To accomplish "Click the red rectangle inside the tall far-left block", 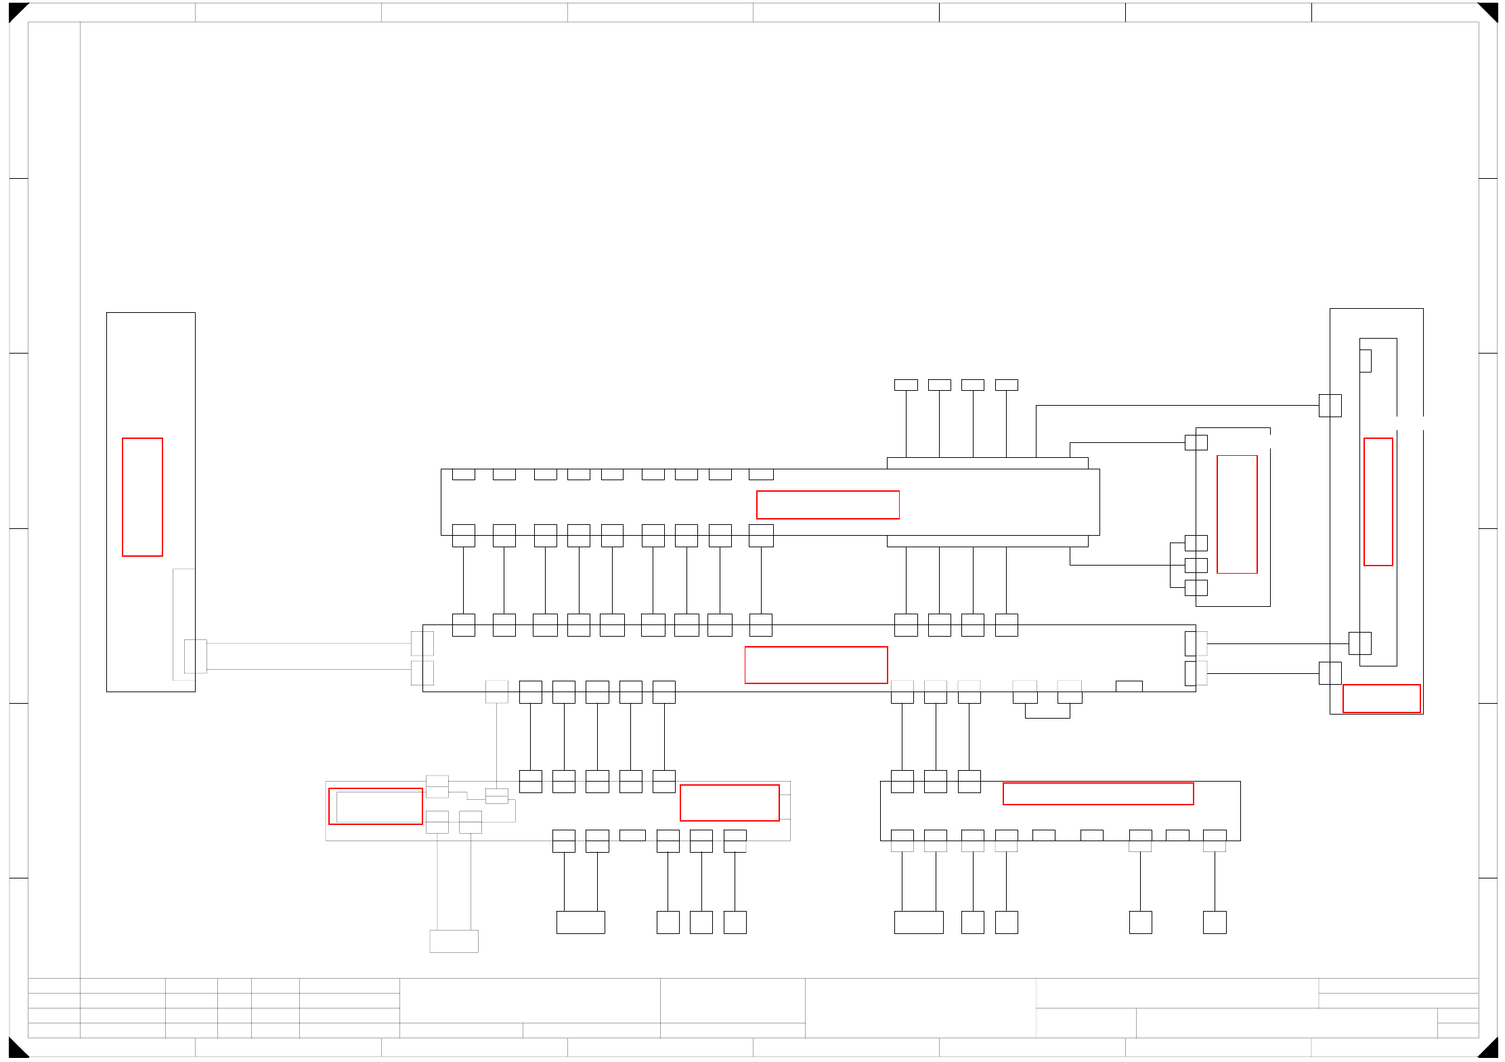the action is pyautogui.click(x=142, y=497).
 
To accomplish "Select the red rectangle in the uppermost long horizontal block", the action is pyautogui.click(x=827, y=505).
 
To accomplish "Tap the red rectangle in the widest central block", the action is pyautogui.click(x=816, y=665).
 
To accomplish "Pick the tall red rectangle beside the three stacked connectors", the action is pyautogui.click(x=1237, y=514).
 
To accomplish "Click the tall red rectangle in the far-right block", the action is pyautogui.click(x=1378, y=502).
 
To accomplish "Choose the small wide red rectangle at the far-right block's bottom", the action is pyautogui.click(x=1381, y=698).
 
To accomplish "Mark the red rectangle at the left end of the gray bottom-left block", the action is pyautogui.click(x=376, y=806).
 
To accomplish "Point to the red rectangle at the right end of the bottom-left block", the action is pyautogui.click(x=729, y=803).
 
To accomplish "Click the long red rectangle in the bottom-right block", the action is pyautogui.click(x=1097, y=794).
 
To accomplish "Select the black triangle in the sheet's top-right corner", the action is pyautogui.click(x=1489, y=10).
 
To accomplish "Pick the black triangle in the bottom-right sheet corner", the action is pyautogui.click(x=1489, y=1049).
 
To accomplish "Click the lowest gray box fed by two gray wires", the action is pyautogui.click(x=454, y=941).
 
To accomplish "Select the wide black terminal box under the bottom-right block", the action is pyautogui.click(x=919, y=922).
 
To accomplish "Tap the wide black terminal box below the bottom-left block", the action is pyautogui.click(x=580, y=922).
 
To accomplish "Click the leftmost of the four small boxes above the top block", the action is pyautogui.click(x=906, y=385).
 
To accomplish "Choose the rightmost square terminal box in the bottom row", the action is pyautogui.click(x=1215, y=922).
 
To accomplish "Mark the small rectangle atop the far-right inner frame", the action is pyautogui.click(x=1366, y=361).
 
